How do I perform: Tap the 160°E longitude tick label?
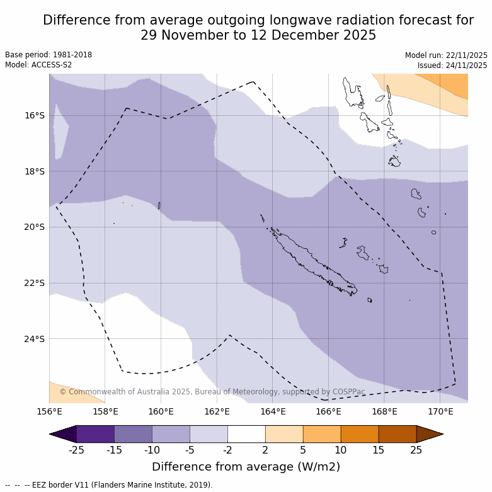(161, 412)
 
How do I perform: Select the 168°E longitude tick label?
(384, 412)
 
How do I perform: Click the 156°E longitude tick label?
(49, 412)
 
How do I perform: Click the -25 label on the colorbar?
(76, 450)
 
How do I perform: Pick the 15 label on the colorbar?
(379, 450)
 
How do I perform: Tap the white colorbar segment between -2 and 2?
(246, 434)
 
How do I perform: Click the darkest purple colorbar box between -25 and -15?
(95, 434)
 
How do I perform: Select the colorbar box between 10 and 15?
(360, 434)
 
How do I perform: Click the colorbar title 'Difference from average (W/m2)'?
(246, 467)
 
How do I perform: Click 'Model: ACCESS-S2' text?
(38, 65)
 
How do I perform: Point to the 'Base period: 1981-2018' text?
(49, 55)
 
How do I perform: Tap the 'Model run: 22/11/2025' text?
(446, 55)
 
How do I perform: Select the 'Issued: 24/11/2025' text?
(452, 66)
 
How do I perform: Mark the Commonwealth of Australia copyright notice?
(212, 392)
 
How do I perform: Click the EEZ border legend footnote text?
(108, 485)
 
